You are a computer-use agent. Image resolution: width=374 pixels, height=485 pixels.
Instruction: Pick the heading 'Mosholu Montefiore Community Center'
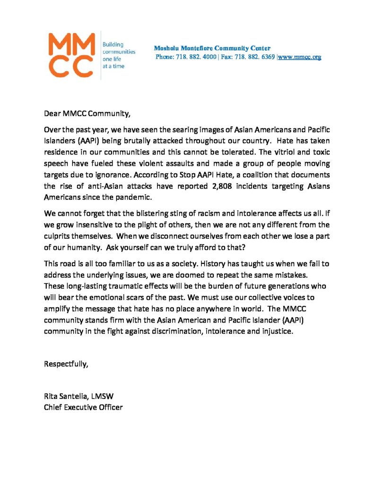(212, 48)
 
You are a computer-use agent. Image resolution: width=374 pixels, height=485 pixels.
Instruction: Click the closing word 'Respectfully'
(66, 364)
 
